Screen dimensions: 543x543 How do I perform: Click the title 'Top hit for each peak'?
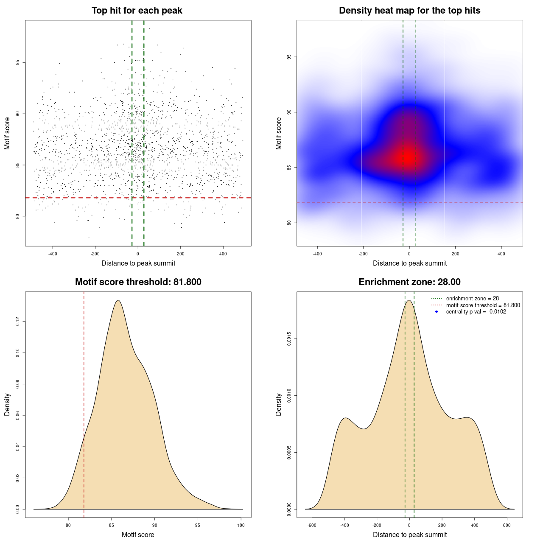[x=137, y=11]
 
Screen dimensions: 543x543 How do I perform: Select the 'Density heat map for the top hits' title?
[x=409, y=11]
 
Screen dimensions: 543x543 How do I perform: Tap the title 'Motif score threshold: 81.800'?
[x=138, y=282]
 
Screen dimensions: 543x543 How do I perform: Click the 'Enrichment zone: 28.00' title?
[x=409, y=282]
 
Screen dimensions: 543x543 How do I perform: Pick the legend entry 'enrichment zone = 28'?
[x=472, y=299]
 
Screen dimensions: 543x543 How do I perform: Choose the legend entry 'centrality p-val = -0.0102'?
[x=476, y=312]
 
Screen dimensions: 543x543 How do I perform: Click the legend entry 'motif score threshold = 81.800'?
[x=483, y=305]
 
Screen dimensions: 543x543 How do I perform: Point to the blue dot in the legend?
[x=437, y=312]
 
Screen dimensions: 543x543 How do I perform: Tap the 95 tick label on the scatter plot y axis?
[x=17, y=62]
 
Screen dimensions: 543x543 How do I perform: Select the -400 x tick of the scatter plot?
[x=53, y=254]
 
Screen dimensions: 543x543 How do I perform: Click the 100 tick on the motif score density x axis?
[x=241, y=526]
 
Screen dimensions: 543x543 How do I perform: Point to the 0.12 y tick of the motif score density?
[x=17, y=322]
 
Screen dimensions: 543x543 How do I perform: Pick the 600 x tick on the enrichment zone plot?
[x=507, y=526]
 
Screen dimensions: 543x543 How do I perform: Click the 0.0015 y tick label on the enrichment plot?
[x=289, y=339]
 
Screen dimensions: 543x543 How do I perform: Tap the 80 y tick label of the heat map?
[x=289, y=223]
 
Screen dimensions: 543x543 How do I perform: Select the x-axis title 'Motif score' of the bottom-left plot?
[x=138, y=535]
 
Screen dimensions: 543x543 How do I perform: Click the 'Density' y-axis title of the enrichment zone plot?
[x=279, y=404]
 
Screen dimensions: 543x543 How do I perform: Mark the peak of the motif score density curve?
[x=118, y=300]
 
